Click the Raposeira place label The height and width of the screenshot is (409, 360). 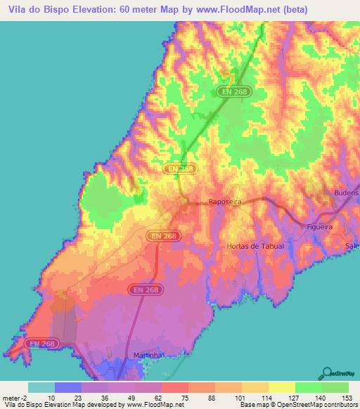pyautogui.click(x=225, y=202)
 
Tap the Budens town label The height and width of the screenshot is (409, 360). pyautogui.click(x=346, y=193)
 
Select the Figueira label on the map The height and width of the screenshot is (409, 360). pyautogui.click(x=324, y=226)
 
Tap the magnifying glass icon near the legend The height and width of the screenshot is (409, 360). pyautogui.click(x=326, y=373)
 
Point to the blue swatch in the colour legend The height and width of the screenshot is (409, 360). pyautogui.click(x=68, y=387)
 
